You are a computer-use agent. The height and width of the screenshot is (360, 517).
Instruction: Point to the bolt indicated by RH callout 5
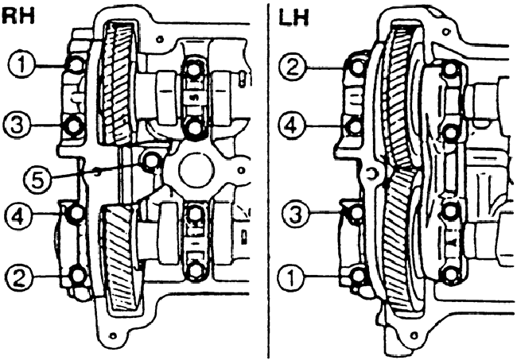pos(150,163)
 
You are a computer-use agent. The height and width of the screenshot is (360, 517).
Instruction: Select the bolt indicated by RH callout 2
pos(77,276)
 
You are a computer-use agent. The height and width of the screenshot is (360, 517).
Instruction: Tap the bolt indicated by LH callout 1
pos(356,276)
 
